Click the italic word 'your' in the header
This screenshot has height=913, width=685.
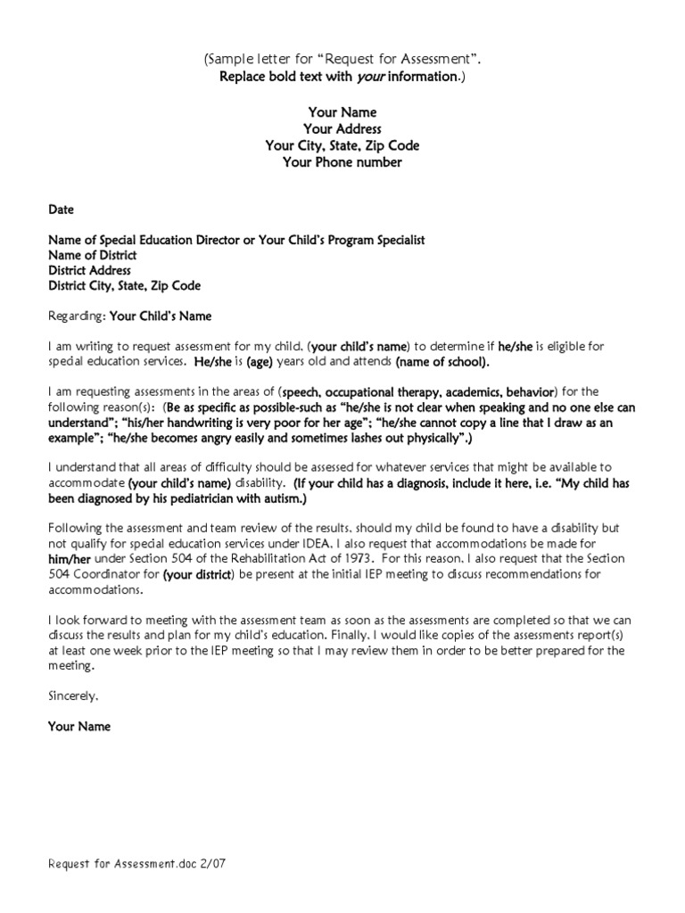click(370, 77)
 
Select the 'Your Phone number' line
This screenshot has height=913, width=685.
click(342, 162)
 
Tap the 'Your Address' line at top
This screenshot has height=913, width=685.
click(342, 129)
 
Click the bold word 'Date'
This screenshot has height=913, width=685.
click(61, 210)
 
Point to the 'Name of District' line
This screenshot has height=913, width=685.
click(93, 255)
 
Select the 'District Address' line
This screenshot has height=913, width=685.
click(89, 270)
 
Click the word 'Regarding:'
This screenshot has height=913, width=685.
click(76, 316)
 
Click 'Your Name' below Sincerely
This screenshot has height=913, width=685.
click(79, 727)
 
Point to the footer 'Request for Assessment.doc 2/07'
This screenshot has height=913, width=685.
click(143, 865)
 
